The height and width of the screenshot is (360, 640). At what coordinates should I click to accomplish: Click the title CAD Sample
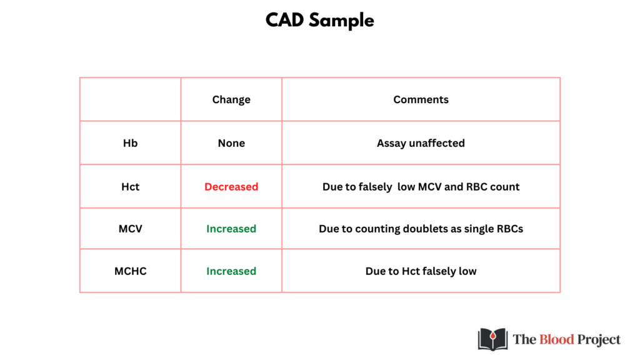[319, 21]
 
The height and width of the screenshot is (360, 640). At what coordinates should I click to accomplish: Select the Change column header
[231, 99]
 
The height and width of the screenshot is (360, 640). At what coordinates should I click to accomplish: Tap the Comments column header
[421, 99]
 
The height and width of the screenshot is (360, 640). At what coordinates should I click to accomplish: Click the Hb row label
[130, 143]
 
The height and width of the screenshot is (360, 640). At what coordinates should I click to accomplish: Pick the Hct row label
[130, 186]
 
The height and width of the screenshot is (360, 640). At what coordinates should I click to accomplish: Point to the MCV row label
[130, 229]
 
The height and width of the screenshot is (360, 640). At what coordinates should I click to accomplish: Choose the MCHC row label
[130, 271]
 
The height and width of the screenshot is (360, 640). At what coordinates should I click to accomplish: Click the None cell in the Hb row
[231, 143]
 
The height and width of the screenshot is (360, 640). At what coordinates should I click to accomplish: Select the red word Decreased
[231, 186]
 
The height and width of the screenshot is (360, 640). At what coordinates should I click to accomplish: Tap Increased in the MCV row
[231, 229]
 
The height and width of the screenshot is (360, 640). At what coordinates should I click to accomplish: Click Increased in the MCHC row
[231, 271]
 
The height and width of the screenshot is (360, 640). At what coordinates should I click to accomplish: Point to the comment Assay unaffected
[421, 143]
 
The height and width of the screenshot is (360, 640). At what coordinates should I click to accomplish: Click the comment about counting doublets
[421, 229]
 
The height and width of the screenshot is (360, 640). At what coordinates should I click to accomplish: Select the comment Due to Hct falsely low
[421, 271]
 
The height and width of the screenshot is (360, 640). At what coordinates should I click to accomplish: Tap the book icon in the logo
[492, 339]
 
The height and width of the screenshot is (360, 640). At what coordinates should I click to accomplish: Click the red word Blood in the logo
[557, 339]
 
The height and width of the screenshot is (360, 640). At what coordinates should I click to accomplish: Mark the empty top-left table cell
[130, 99]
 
